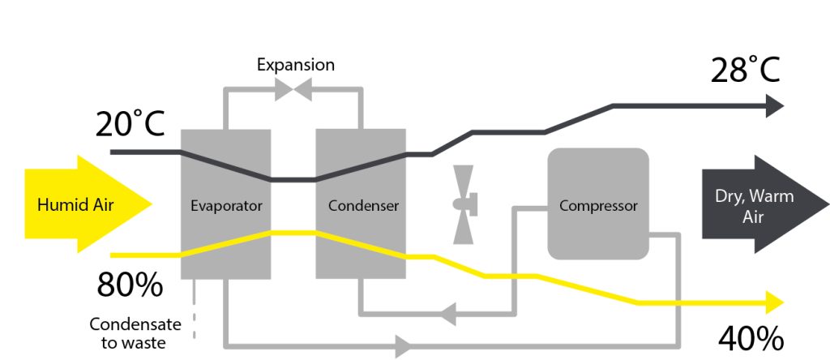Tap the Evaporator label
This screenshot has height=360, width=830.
(226, 205)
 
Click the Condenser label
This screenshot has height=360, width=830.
(363, 205)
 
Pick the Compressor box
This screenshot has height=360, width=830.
(598, 204)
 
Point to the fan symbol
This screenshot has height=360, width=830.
(464, 204)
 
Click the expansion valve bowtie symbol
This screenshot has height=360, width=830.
(293, 89)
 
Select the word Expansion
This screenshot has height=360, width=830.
(296, 65)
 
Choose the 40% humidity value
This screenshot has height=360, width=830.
(751, 339)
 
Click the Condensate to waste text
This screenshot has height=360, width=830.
(135, 333)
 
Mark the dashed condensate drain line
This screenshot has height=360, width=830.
(195, 308)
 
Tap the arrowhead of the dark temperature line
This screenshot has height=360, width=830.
(774, 106)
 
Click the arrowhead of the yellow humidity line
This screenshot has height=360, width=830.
(774, 302)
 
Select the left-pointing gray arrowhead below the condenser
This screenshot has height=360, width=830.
(448, 315)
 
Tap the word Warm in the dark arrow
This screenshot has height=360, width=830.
(774, 196)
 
